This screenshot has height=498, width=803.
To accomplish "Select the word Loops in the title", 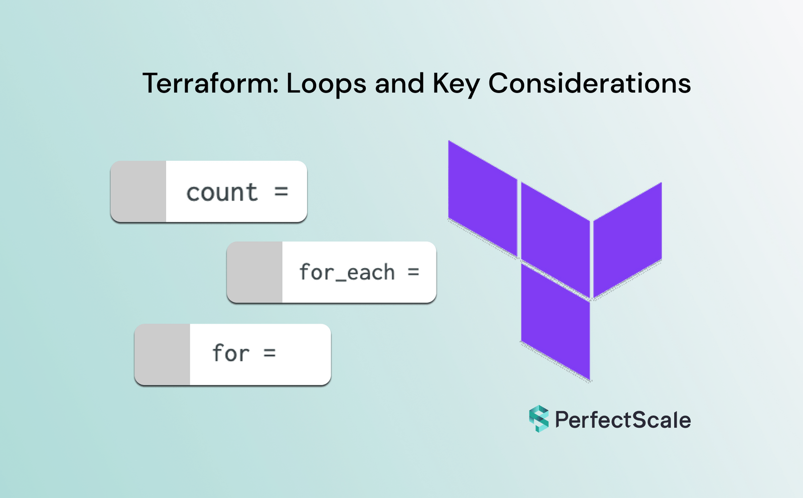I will tap(326, 83).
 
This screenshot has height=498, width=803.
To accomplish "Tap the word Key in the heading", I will tap(456, 84).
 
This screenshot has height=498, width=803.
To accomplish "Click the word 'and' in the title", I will tap(399, 83).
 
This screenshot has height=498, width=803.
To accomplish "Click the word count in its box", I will tap(222, 192).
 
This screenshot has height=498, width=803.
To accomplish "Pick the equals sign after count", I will tap(281, 191).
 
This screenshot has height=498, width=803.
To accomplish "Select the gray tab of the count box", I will tap(139, 191).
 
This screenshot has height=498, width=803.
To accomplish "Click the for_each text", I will tap(347, 272).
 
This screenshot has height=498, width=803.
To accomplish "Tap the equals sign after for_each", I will tap(413, 272).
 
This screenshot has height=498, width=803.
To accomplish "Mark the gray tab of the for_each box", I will tap(255, 272).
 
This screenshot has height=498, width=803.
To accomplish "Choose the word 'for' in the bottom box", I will tap(230, 353).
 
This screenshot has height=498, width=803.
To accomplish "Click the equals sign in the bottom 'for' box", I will tap(270, 353).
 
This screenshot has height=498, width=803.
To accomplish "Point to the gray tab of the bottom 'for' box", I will tap(163, 354).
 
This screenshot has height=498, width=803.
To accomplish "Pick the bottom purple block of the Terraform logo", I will tap(555, 322).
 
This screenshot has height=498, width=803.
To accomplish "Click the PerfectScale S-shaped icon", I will tap(539, 419).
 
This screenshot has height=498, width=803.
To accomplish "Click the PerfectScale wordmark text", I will tap(623, 420).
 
